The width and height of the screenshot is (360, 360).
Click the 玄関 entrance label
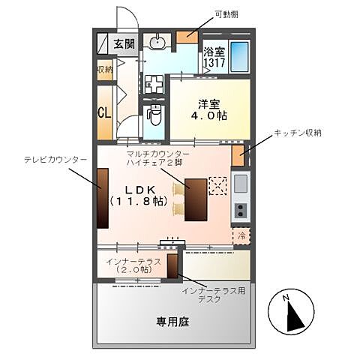(124, 43)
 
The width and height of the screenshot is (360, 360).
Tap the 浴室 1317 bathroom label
(214, 58)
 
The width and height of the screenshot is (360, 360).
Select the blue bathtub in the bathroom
(239, 56)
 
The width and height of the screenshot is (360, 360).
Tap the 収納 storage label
(104, 70)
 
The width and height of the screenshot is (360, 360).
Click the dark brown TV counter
(102, 196)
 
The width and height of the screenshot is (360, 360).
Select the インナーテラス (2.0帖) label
(134, 265)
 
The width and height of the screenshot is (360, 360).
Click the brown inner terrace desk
(172, 266)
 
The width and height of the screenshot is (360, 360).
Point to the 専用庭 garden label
(172, 322)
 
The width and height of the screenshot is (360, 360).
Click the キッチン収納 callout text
(297, 133)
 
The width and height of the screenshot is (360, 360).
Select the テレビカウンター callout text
(55, 160)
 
